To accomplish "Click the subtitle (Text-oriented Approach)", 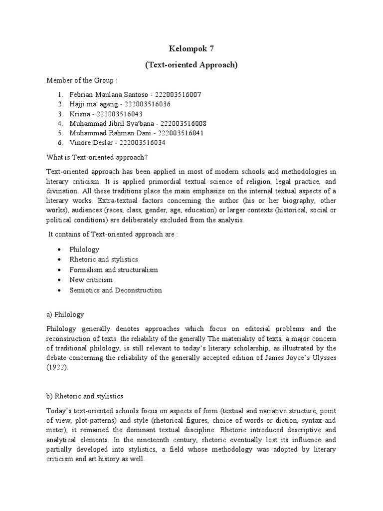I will click(191, 65).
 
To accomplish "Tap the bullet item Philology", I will click(85, 250).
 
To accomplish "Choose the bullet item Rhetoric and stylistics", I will click(104, 259).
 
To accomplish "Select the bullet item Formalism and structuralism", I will click(114, 270).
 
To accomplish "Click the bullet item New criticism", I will click(91, 280).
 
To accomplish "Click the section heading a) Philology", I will click(65, 315).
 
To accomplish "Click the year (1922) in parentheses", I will click(56, 368).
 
